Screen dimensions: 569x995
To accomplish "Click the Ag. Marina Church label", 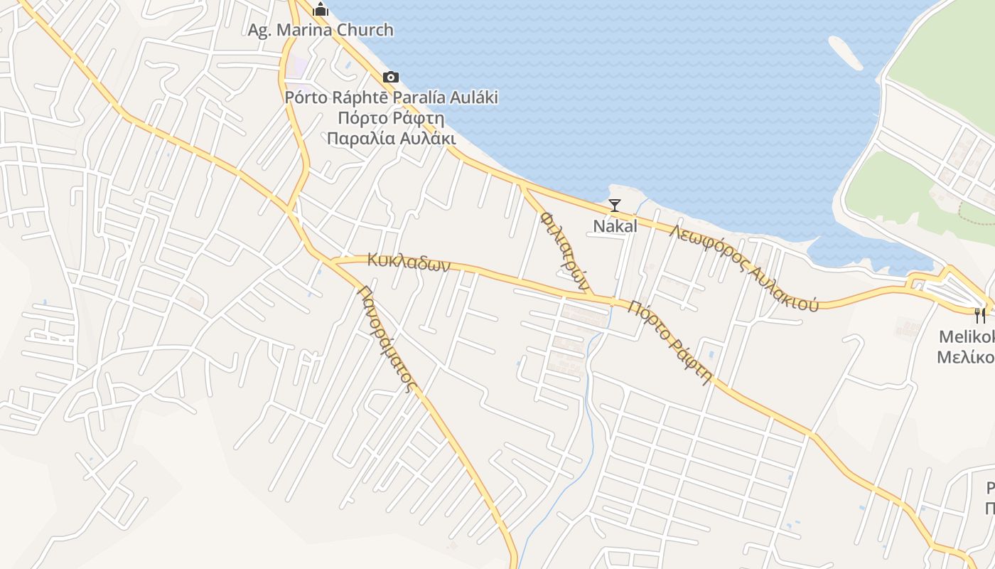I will [320, 30].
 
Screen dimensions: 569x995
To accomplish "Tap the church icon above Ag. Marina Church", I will [321, 9].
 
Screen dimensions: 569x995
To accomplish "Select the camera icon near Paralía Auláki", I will [390, 77].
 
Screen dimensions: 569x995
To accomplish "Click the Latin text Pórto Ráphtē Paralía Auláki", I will [391, 97].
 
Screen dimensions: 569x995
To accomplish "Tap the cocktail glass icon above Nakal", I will [615, 206].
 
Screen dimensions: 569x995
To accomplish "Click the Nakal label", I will [615, 226].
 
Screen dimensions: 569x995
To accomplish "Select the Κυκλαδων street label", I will [409, 262].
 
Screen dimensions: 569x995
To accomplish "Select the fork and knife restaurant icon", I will [980, 315].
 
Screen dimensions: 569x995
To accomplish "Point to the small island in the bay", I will [845, 52].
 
